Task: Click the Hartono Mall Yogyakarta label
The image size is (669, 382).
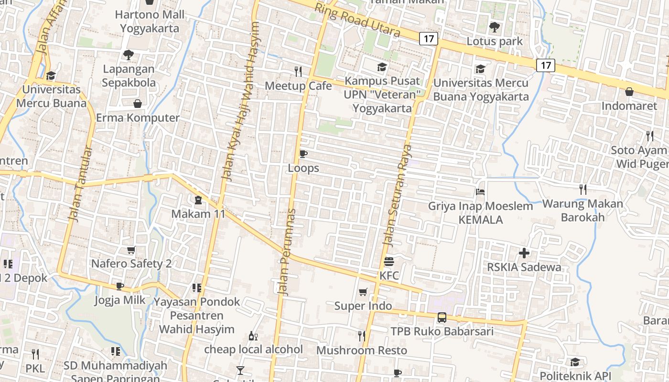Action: coord(150,21)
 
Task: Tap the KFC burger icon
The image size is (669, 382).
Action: coord(388,262)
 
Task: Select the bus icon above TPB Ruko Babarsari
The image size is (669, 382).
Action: coord(442,317)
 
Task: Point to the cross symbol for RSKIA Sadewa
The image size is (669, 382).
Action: coord(524,253)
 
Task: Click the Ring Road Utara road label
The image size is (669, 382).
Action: coord(357,21)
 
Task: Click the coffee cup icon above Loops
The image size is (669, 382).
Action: coord(303,154)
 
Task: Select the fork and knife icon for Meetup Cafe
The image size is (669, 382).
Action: coord(298,72)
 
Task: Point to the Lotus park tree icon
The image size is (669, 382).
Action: coord(495,27)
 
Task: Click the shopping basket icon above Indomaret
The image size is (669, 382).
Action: coord(629,92)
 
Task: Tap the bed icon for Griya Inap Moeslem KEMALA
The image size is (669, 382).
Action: coord(480,192)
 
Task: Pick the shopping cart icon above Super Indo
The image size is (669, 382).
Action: coord(363,292)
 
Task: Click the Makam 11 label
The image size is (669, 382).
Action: coord(198,213)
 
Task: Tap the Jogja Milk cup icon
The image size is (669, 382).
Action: coord(120,286)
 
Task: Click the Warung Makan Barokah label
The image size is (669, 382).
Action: coord(583,211)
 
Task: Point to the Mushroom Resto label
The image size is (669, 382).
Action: coord(362,350)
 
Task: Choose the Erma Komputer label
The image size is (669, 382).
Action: coord(138,117)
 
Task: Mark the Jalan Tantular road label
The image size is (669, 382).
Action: coord(80,184)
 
